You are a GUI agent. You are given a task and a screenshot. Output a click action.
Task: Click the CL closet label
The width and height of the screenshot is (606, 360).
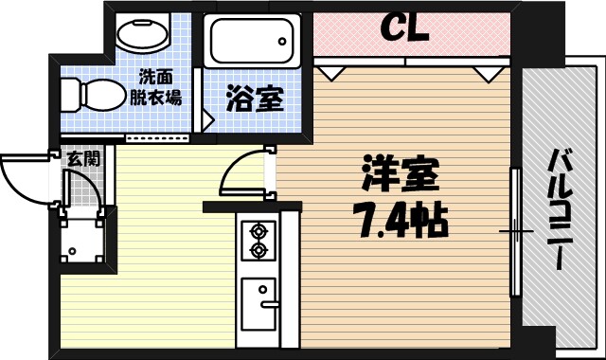(404, 28)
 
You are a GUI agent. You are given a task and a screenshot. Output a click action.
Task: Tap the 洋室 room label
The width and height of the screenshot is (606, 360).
(400, 175)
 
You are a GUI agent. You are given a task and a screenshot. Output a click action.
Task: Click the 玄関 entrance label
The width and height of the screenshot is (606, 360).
(82, 158)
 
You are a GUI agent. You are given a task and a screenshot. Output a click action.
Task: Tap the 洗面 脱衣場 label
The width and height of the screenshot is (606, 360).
(154, 88)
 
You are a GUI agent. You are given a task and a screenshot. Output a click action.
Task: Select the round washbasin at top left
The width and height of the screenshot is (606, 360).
(141, 34)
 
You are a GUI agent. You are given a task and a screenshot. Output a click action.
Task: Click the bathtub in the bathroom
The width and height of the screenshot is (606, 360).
(253, 41)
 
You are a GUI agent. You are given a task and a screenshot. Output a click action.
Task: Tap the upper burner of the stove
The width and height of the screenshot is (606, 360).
(257, 230)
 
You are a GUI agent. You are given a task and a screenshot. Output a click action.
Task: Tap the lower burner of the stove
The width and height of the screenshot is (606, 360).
(257, 250)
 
